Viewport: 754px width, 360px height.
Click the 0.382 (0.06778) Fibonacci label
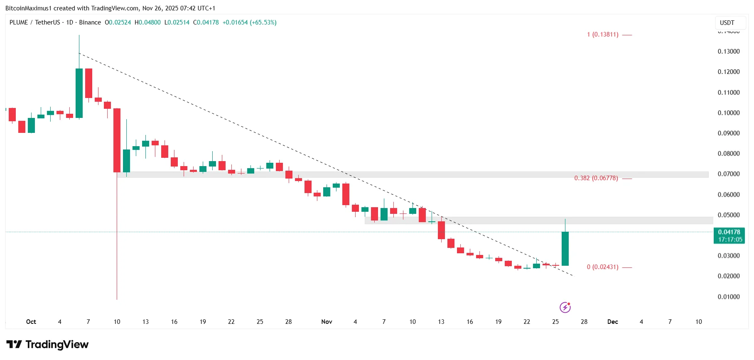pyautogui.click(x=596, y=178)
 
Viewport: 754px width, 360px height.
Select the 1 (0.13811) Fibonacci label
pyautogui.click(x=602, y=34)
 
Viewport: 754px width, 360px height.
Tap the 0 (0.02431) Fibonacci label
pyautogui.click(x=602, y=267)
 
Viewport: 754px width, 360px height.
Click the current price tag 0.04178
pyautogui.click(x=729, y=232)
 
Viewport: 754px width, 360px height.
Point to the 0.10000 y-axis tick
pyautogui.click(x=729, y=113)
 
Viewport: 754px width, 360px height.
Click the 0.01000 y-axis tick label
pyautogui.click(x=729, y=297)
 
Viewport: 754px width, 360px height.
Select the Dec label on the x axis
pyautogui.click(x=612, y=322)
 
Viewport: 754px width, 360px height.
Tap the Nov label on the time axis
pyautogui.click(x=327, y=322)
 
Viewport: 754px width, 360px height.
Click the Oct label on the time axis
pyautogui.click(x=31, y=322)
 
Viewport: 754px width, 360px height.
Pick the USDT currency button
pyautogui.click(x=727, y=23)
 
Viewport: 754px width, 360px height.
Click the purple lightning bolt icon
pyautogui.click(x=565, y=307)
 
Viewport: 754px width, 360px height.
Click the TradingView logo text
pyautogui.click(x=57, y=345)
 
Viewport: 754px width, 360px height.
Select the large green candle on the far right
pyautogui.click(x=565, y=248)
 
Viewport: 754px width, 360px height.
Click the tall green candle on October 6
pyautogui.click(x=79, y=93)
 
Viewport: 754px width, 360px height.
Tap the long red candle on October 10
pyautogui.click(x=117, y=140)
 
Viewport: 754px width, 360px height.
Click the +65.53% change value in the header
pyautogui.click(x=263, y=22)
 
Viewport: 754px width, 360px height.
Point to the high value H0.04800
pyautogui.click(x=147, y=22)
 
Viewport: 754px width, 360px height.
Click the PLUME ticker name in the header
pyautogui.click(x=19, y=22)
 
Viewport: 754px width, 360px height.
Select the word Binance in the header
pyautogui.click(x=90, y=22)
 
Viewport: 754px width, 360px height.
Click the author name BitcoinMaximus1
pyautogui.click(x=28, y=8)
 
